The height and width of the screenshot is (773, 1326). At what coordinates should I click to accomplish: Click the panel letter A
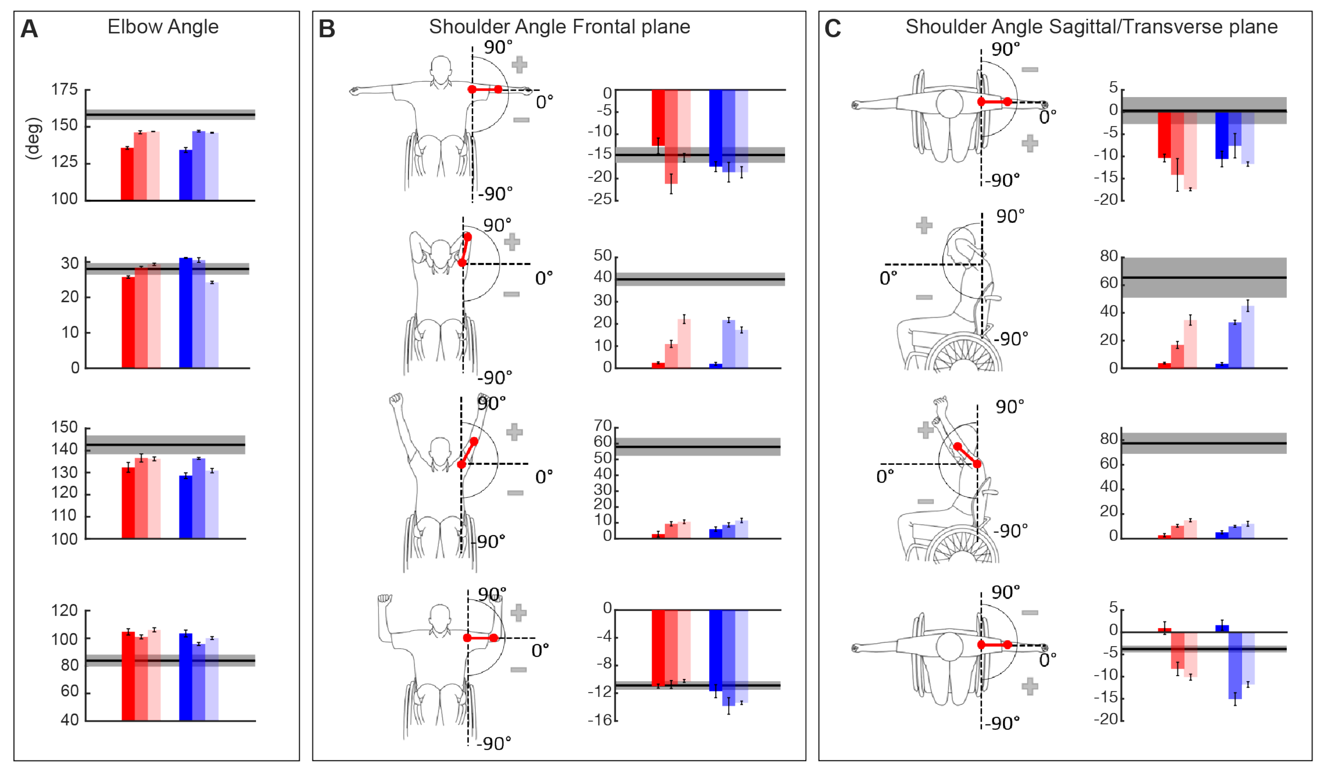[29, 28]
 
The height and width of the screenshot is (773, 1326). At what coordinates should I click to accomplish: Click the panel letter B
[327, 28]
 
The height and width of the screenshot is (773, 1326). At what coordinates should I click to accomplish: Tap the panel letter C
[832, 28]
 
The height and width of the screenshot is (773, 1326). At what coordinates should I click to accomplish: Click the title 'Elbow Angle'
[163, 26]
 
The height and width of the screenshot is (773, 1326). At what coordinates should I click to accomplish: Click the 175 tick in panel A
[64, 90]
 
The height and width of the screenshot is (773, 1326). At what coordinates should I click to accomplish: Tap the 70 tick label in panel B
[603, 426]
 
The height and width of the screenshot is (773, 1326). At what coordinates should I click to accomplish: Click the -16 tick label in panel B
[600, 720]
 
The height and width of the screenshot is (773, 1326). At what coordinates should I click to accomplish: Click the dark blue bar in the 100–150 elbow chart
[186, 506]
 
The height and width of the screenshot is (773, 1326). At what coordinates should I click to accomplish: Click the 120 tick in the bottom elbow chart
[64, 611]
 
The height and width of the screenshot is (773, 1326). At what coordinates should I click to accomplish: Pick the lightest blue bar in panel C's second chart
[1248, 337]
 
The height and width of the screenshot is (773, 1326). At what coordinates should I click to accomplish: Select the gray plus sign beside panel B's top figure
[519, 65]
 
